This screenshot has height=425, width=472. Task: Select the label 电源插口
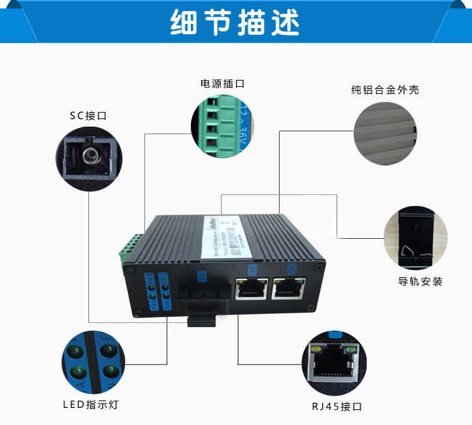tap(222, 83)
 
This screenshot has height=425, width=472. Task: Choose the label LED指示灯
tap(91, 404)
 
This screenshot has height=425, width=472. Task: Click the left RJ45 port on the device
tap(251, 289)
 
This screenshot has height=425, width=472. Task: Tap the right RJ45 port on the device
tap(289, 289)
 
